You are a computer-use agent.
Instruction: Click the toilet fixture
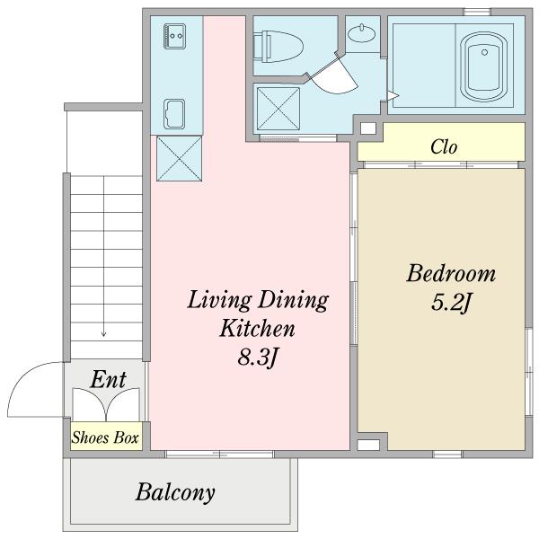(278, 47)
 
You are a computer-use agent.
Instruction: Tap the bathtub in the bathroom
(484, 67)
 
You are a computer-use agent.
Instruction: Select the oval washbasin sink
(361, 33)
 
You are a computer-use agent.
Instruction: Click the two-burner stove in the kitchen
(174, 36)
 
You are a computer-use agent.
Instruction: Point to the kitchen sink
(174, 114)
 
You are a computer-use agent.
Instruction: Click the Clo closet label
(444, 146)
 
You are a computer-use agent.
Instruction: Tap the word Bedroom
(451, 274)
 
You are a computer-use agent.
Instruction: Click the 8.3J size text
(257, 358)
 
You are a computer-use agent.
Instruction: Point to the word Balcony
(175, 492)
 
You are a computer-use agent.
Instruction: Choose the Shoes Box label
(105, 437)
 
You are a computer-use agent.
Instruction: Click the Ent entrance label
(109, 379)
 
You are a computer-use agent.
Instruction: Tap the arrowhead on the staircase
(103, 334)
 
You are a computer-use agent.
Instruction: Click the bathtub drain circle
(484, 52)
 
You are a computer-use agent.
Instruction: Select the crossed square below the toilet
(278, 109)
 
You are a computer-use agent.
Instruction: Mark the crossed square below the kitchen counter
(179, 158)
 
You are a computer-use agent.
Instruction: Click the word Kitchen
(257, 328)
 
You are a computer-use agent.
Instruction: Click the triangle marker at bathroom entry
(393, 95)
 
